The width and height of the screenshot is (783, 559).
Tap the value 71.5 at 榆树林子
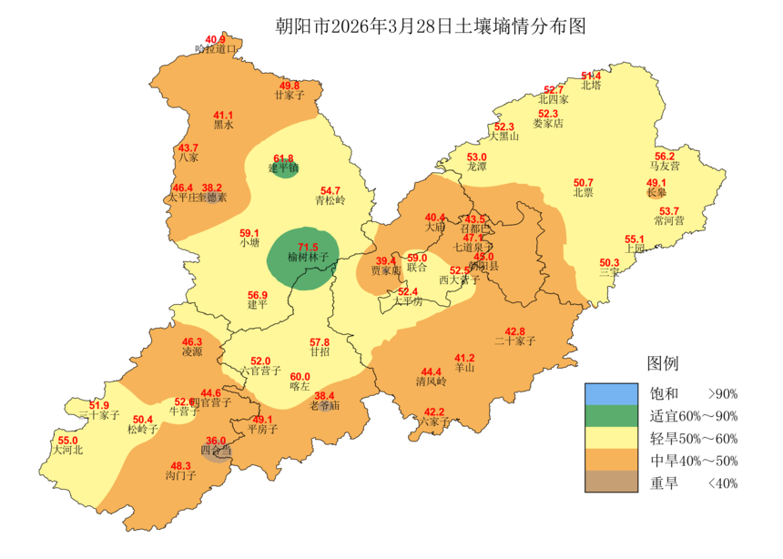[x=308, y=247]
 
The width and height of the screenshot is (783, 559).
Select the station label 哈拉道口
[x=216, y=50]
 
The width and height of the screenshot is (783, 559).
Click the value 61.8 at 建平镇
[x=284, y=158]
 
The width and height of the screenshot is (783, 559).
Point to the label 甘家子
[x=289, y=95]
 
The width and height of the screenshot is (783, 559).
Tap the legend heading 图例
[x=662, y=363]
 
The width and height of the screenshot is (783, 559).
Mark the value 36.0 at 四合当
[x=216, y=440]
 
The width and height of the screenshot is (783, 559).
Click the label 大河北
[x=67, y=450]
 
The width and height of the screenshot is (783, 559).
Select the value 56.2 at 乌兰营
[x=665, y=156]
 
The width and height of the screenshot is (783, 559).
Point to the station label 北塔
[x=591, y=86]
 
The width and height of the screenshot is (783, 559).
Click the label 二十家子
[x=514, y=340]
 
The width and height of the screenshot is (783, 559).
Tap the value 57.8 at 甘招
[x=320, y=341]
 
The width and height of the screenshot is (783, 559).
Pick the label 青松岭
[x=330, y=200]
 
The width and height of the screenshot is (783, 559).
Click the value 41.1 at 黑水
[x=223, y=116]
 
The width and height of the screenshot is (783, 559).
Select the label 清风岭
[x=432, y=381]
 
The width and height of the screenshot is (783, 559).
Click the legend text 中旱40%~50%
[x=693, y=461]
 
